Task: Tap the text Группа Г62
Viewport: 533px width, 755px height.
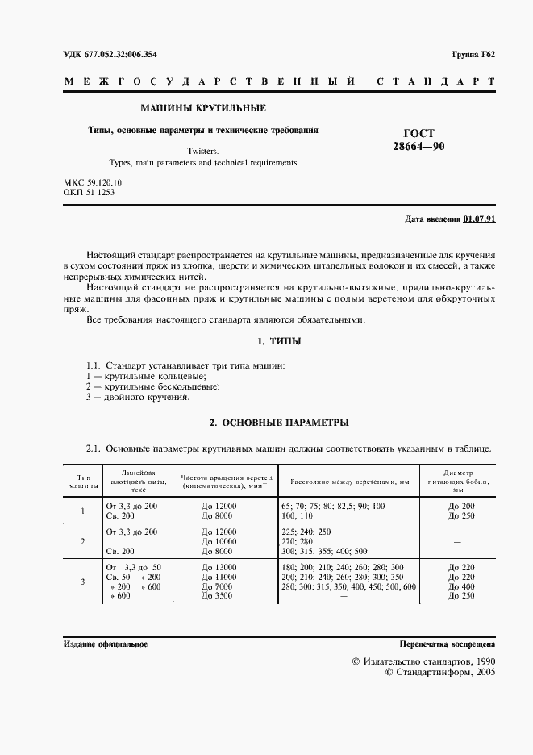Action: coord(474,55)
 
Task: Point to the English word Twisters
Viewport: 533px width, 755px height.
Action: coord(202,150)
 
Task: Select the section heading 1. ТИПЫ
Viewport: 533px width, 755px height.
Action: coord(278,341)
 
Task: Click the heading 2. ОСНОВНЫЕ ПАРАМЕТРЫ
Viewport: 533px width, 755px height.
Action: coord(278,422)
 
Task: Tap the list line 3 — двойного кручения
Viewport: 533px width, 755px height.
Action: coord(137,398)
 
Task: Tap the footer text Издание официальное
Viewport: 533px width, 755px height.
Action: coord(105,644)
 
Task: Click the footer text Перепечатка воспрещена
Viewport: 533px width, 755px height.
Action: coord(448,644)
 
